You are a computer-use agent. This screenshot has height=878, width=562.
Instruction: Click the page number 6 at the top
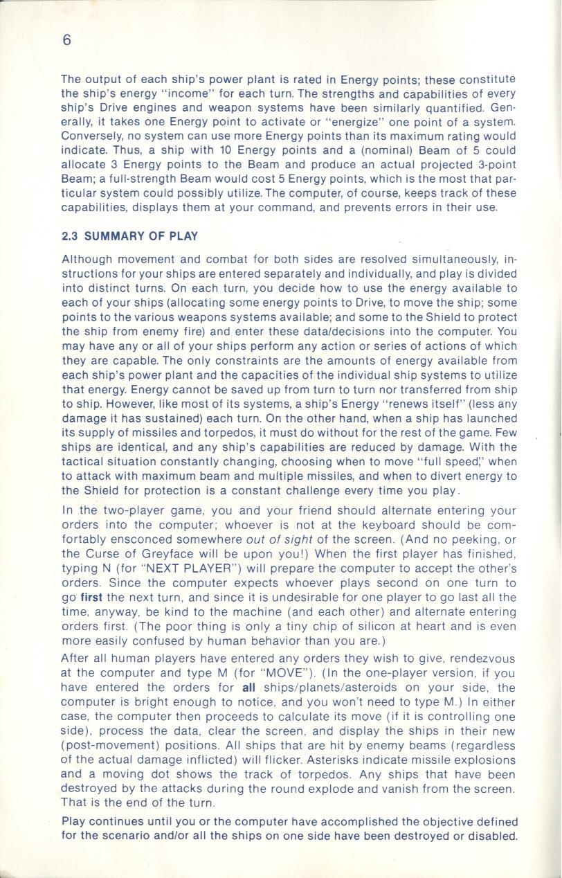pyautogui.click(x=66, y=40)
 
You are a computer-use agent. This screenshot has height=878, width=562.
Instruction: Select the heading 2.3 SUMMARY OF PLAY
pyautogui.click(x=130, y=236)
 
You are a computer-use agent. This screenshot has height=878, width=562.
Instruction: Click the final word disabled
pyautogui.click(x=493, y=836)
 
